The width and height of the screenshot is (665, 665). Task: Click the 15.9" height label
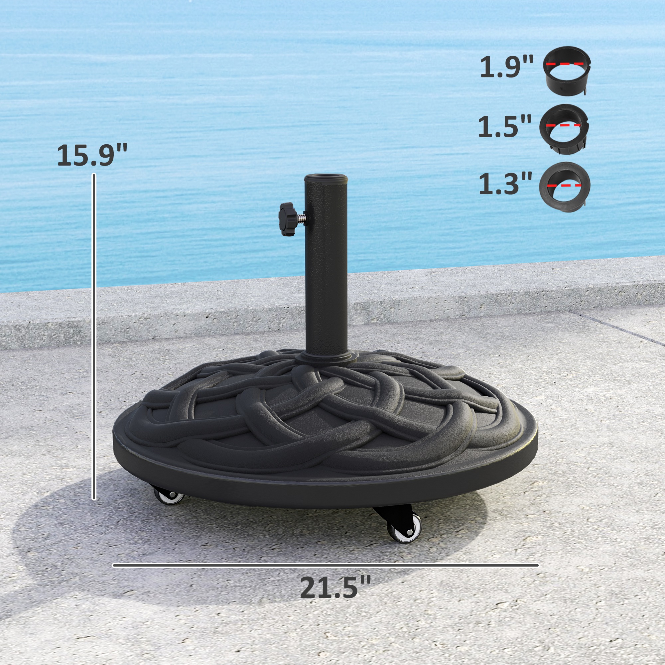click(92, 156)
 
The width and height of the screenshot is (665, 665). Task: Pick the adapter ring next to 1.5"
click(564, 128)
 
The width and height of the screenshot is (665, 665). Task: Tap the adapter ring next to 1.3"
click(565, 187)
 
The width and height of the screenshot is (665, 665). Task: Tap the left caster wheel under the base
click(169, 497)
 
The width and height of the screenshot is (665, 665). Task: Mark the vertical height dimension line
click(94, 337)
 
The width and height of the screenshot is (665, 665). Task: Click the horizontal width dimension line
click(325, 565)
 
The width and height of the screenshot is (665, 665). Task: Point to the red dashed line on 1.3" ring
click(565, 186)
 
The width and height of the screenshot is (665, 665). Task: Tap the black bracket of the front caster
click(392, 516)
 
